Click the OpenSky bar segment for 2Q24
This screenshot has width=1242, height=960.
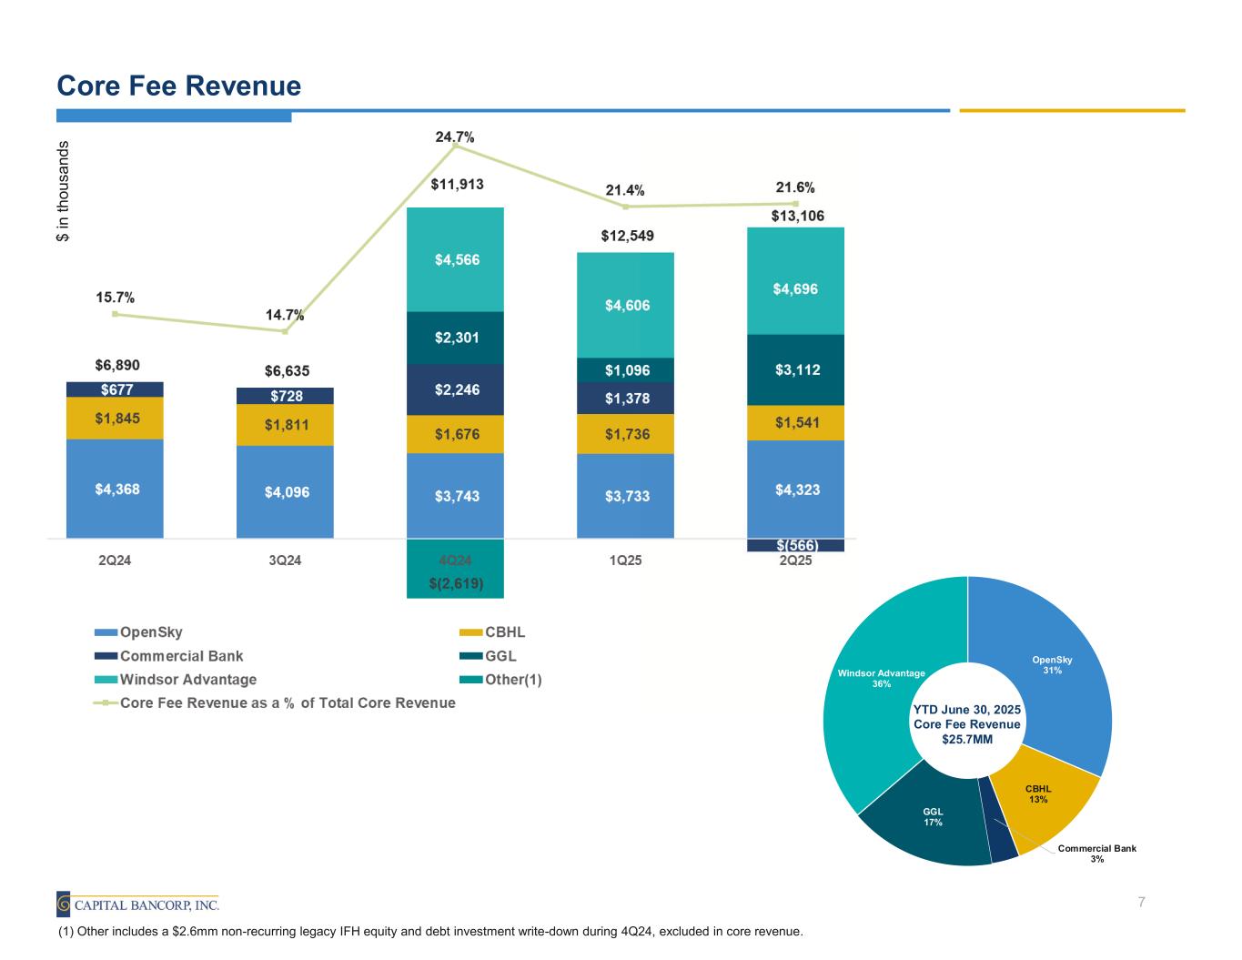click(115, 489)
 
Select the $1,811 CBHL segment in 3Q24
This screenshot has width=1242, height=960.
click(285, 425)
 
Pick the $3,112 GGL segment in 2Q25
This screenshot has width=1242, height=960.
click(795, 369)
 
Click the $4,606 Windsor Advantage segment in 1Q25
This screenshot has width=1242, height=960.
click(625, 305)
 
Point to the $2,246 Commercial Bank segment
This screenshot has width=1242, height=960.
click(455, 389)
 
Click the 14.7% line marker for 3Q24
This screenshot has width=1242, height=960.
click(285, 331)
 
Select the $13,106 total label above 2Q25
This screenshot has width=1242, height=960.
click(797, 216)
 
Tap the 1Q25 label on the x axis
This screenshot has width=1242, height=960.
click(625, 561)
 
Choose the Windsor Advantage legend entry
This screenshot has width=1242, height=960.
click(187, 680)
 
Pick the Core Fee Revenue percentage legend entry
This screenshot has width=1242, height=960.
click(287, 703)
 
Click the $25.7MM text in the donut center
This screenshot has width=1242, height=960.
click(967, 739)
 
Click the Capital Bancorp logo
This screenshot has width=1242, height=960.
click(137, 904)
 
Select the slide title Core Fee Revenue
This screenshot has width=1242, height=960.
click(178, 86)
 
